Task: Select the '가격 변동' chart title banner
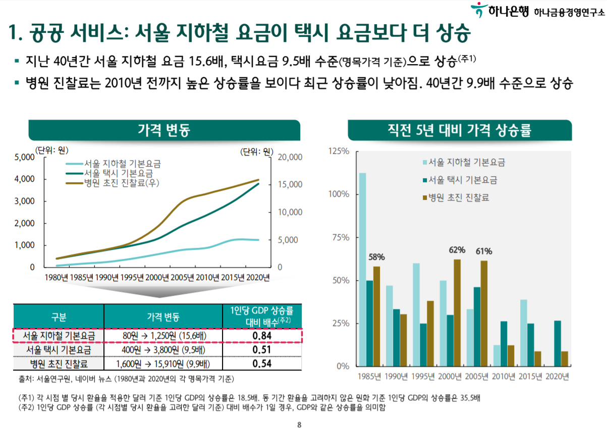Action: pyautogui.click(x=164, y=131)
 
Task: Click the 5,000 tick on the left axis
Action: pyautogui.click(x=24, y=157)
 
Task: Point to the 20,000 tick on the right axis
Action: pyautogui.click(x=290, y=157)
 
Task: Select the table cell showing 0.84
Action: pyautogui.click(x=261, y=336)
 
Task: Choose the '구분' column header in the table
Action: pyautogui.click(x=59, y=317)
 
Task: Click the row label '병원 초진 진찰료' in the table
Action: pyautogui.click(x=59, y=363)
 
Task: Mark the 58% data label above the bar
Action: pyautogui.click(x=376, y=257)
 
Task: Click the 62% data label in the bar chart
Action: pyautogui.click(x=457, y=250)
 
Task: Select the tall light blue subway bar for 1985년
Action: pyautogui.click(x=362, y=270)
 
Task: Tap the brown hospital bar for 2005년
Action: pyautogui.click(x=484, y=313)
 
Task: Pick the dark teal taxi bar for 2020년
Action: pyautogui.click(x=558, y=343)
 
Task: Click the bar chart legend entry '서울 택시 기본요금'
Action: pyautogui.click(x=462, y=180)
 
